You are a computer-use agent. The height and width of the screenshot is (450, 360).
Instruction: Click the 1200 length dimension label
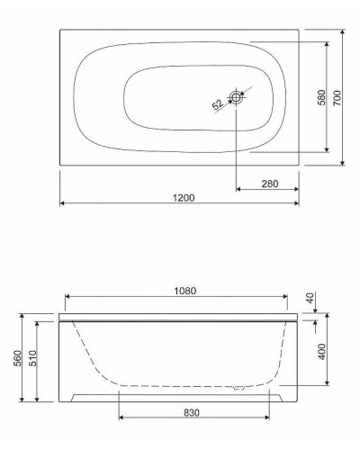[184, 198]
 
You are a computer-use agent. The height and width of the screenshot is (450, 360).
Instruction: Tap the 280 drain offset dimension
[270, 184]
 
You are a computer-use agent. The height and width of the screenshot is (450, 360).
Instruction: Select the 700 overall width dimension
[337, 97]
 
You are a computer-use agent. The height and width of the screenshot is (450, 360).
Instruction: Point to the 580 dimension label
[321, 97]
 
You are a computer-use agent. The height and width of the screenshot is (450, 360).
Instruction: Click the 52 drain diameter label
[218, 104]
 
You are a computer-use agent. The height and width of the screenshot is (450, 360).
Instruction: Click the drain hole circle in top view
[237, 97]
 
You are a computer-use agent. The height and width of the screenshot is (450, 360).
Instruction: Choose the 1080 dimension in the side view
[185, 291]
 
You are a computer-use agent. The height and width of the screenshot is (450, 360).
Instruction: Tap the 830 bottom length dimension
[192, 413]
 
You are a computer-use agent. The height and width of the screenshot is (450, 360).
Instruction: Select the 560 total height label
[18, 358]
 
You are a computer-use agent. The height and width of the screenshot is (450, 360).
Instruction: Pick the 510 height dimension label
[32, 358]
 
